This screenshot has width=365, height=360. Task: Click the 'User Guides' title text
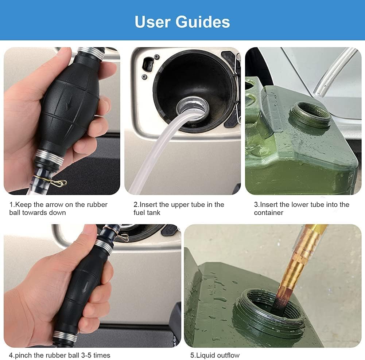pos(182,21)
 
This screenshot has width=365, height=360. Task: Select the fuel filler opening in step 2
pos(192,106)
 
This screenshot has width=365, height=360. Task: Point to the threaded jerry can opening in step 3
pos(310,115)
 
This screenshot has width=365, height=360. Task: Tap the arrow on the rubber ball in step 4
pos(86,287)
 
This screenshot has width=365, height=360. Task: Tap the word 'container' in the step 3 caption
pos(269,212)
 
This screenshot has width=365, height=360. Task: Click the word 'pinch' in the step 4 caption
pos(23,355)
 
